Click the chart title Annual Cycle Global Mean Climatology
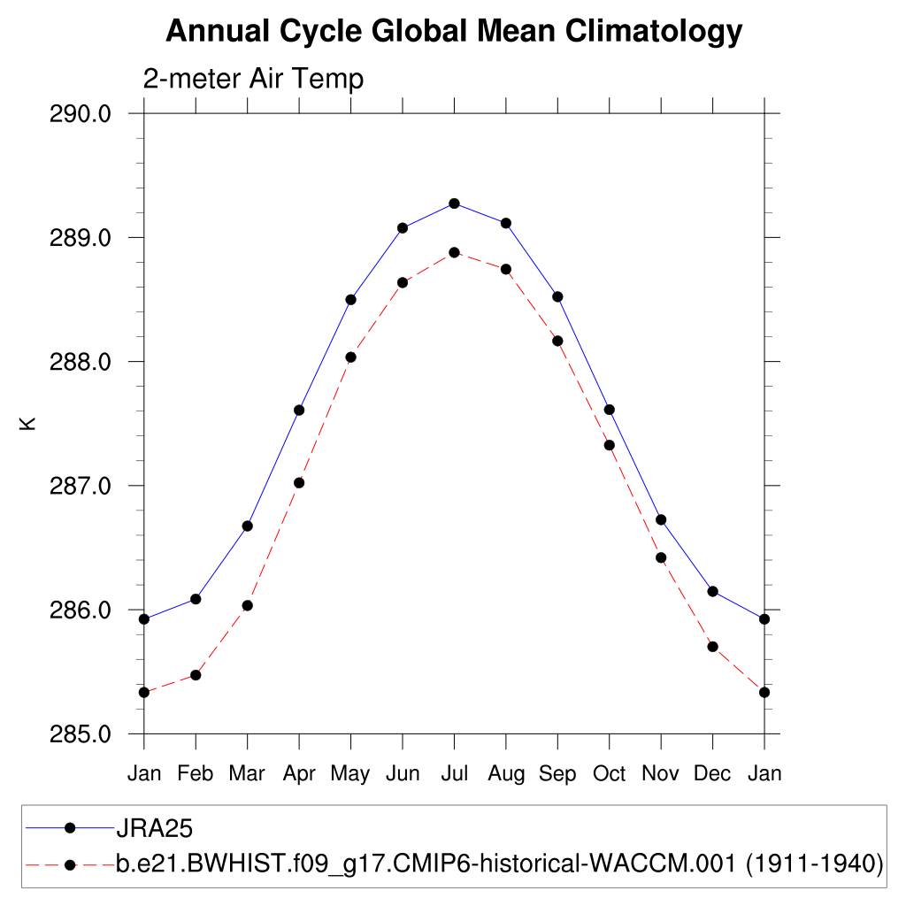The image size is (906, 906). (453, 32)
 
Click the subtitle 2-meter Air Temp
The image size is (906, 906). (253, 80)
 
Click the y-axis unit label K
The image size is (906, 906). (29, 424)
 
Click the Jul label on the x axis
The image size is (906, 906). (454, 774)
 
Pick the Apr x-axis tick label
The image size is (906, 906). (299, 774)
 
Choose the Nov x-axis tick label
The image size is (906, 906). (661, 774)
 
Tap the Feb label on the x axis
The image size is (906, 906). (196, 774)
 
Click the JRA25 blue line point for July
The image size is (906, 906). (454, 203)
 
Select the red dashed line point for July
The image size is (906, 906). (454, 252)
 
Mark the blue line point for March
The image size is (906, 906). (248, 526)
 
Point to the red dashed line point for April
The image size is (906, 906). (299, 482)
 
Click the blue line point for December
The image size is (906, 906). (712, 591)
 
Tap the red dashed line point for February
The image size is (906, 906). (196, 675)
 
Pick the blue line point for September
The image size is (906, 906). (557, 296)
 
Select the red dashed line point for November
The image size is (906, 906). (661, 557)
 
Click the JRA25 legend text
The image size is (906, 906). (154, 829)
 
